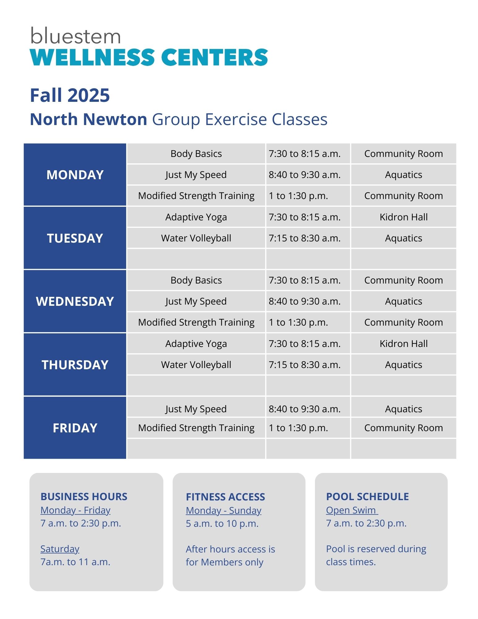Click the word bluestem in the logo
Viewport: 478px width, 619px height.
pyautogui.click(x=75, y=36)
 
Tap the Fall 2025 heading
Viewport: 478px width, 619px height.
pyautogui.click(x=70, y=95)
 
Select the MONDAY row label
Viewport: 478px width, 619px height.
pyautogui.click(x=75, y=175)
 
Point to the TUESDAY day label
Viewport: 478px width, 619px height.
pyautogui.click(x=75, y=238)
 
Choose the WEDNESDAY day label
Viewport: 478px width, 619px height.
pyautogui.click(x=75, y=301)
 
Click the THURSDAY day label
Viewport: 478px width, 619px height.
pyautogui.click(x=75, y=365)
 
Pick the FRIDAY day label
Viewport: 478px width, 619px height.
pyautogui.click(x=75, y=428)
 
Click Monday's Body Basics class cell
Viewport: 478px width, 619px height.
pyautogui.click(x=196, y=154)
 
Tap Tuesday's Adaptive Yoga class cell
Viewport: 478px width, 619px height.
pyautogui.click(x=196, y=217)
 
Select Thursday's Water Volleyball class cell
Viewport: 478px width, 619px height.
pyautogui.click(x=196, y=365)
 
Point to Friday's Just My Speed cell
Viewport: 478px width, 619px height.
pyautogui.click(x=196, y=409)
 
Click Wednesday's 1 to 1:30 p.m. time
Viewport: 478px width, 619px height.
pyautogui.click(x=298, y=322)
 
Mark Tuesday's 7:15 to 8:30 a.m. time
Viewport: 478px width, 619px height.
pyautogui.click(x=304, y=238)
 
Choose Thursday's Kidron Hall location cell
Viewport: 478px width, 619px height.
pyautogui.click(x=404, y=344)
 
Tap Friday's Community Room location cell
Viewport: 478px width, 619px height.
pyautogui.click(x=404, y=428)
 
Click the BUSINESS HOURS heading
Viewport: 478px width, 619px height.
pyautogui.click(x=84, y=497)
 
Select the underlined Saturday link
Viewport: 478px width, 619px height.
pyautogui.click(x=60, y=549)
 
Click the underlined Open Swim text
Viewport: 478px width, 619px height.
pyautogui.click(x=352, y=510)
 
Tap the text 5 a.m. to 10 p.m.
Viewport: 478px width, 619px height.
pyautogui.click(x=222, y=524)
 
